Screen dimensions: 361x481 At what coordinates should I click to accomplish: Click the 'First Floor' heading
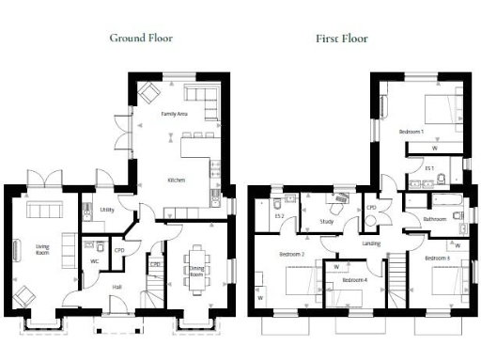point(341,39)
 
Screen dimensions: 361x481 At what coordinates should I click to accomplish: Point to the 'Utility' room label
point(107,210)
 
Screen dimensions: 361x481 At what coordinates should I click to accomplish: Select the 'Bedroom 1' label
point(411,132)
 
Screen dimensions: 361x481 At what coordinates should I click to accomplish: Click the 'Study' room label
point(326,222)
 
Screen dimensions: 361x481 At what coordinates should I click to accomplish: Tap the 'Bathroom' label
point(434,219)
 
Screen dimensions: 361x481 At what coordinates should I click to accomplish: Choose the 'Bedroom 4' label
point(354,281)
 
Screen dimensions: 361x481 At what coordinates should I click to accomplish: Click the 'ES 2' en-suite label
point(279,217)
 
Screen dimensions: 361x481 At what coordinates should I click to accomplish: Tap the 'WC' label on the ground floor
point(95,261)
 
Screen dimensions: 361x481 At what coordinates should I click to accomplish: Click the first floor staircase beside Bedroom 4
point(398,281)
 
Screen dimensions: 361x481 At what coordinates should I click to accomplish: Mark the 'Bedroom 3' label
point(436,258)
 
